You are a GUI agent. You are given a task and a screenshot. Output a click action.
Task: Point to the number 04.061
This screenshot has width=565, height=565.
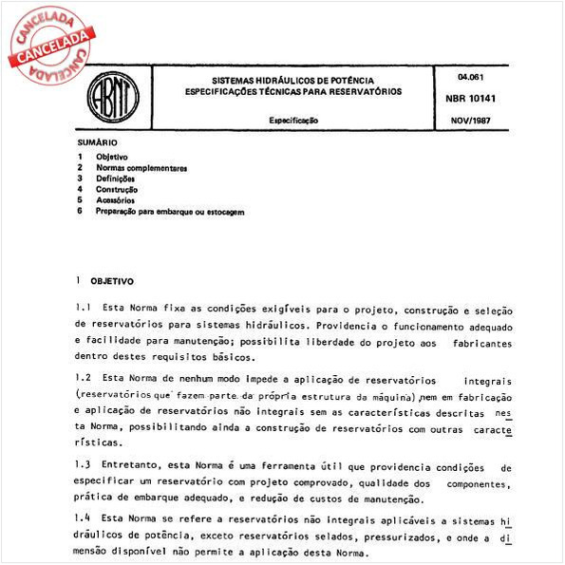[469, 75]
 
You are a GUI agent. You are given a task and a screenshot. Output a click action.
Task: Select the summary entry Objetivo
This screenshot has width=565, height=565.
[112, 156]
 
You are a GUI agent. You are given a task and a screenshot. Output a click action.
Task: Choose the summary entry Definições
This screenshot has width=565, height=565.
[115, 179]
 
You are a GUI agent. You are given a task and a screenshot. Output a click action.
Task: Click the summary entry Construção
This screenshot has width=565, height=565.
[117, 190]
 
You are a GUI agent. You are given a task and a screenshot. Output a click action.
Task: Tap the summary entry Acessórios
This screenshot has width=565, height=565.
[115, 200]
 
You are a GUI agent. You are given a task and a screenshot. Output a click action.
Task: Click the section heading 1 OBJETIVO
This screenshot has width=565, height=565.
[105, 282]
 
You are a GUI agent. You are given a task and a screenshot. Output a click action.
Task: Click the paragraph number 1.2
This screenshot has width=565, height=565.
[82, 378]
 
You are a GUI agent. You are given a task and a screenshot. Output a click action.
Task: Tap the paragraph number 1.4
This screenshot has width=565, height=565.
[82, 521]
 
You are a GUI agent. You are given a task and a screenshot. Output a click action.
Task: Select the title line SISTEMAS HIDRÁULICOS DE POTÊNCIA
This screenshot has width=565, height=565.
[292, 80]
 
